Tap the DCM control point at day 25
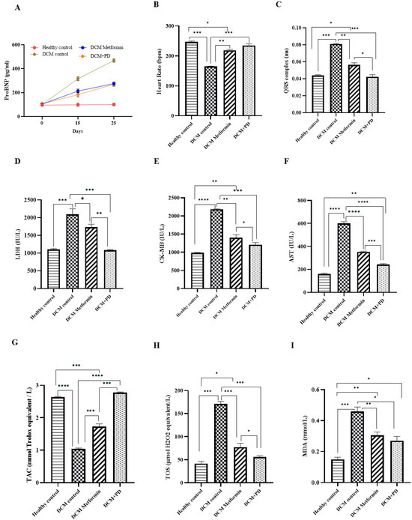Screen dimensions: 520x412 tap(113, 60)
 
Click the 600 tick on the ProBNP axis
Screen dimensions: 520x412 tap(28, 45)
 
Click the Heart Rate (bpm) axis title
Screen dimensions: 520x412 tap(153, 70)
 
